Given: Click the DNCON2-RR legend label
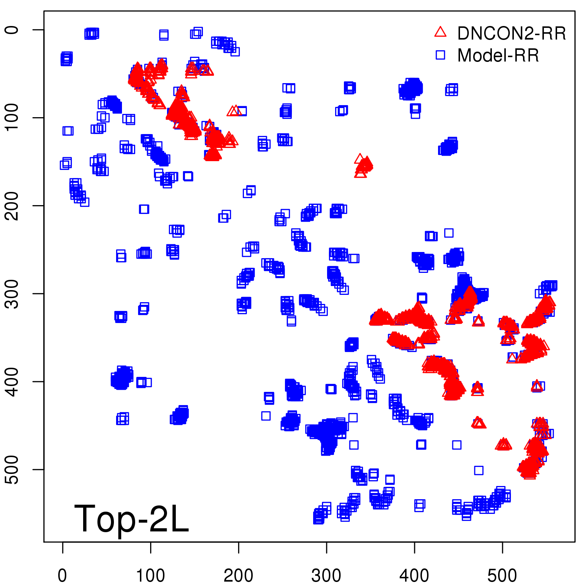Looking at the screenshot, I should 511,33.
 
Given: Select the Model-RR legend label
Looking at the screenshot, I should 498,55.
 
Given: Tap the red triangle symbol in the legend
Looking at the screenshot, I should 440,32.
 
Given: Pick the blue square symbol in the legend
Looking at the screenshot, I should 440,55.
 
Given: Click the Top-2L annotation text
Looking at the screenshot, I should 131,519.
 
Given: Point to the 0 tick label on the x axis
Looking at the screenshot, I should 63,575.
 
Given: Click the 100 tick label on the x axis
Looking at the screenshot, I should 151,575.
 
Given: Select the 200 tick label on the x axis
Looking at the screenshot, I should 238,575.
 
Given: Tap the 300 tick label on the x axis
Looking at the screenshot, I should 326,575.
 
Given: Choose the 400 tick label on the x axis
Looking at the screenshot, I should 414,575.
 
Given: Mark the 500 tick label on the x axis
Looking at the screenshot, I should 502,575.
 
